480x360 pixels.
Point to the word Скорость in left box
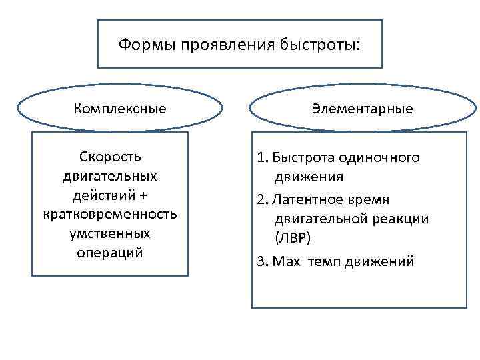pyautogui.click(x=111, y=157)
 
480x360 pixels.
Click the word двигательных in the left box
pyautogui.click(x=111, y=177)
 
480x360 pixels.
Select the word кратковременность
pyautogui.click(x=111, y=215)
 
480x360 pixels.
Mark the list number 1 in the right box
pyautogui.click(x=261, y=158)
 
